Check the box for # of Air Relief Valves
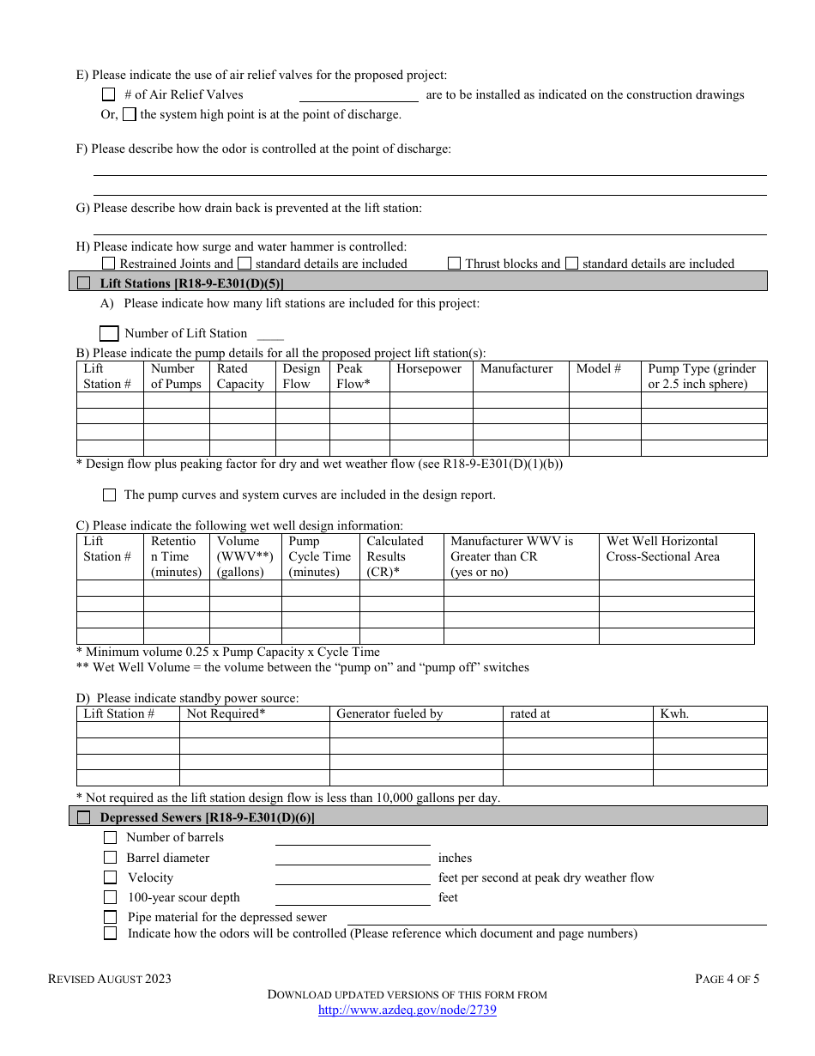tap(108, 95)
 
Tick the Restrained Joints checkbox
tap(108, 264)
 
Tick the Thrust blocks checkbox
tap(454, 264)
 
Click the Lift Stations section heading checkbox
tap(83, 283)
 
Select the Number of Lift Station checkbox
tap(109, 333)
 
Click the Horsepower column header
tap(429, 368)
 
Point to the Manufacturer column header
tap(516, 368)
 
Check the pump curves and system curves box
tap(109, 495)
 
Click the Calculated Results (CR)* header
tap(395, 556)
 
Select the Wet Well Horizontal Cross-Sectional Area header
tap(662, 549)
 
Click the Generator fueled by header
tap(389, 713)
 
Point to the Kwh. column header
tap(674, 713)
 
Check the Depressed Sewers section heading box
tap(83, 818)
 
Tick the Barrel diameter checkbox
tap(110, 858)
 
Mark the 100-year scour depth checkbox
tap(110, 897)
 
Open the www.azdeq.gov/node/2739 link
tap(407, 1010)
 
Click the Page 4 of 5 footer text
tap(727, 979)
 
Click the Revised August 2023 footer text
tap(109, 979)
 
